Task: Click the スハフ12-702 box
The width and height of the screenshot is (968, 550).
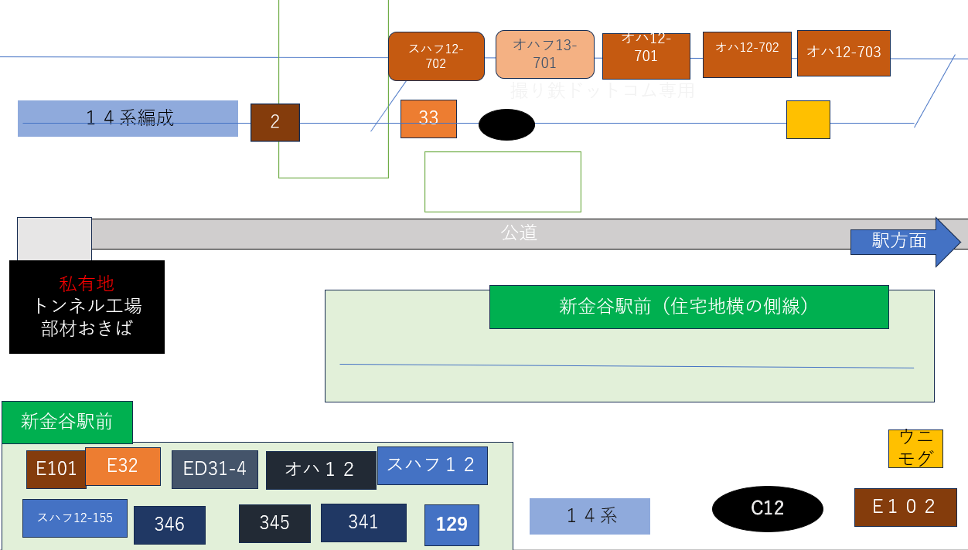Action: click(436, 56)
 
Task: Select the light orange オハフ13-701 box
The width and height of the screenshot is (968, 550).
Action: click(544, 54)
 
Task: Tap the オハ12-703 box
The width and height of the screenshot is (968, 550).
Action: click(844, 53)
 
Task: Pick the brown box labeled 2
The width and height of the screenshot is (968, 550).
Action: click(274, 122)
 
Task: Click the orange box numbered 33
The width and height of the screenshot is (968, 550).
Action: click(428, 118)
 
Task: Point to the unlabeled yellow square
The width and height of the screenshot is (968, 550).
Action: click(808, 120)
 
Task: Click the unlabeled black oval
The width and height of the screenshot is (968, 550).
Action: click(506, 124)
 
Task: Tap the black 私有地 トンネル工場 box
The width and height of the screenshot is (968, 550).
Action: click(87, 307)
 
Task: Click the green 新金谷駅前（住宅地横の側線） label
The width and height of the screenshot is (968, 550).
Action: click(688, 307)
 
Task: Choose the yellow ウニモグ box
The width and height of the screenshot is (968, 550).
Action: click(915, 448)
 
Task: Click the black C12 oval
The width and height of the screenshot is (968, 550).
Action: click(767, 508)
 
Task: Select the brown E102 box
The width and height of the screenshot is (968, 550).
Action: click(905, 507)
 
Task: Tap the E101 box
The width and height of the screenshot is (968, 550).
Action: click(56, 469)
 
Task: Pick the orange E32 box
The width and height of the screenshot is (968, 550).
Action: click(123, 466)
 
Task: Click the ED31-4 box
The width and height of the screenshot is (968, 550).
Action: click(214, 469)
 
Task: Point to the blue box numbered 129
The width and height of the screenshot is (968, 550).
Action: click(452, 525)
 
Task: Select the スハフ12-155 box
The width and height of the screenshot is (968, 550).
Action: click(75, 518)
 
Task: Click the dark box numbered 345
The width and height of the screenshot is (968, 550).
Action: click(274, 523)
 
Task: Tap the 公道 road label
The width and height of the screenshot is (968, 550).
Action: click(518, 233)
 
